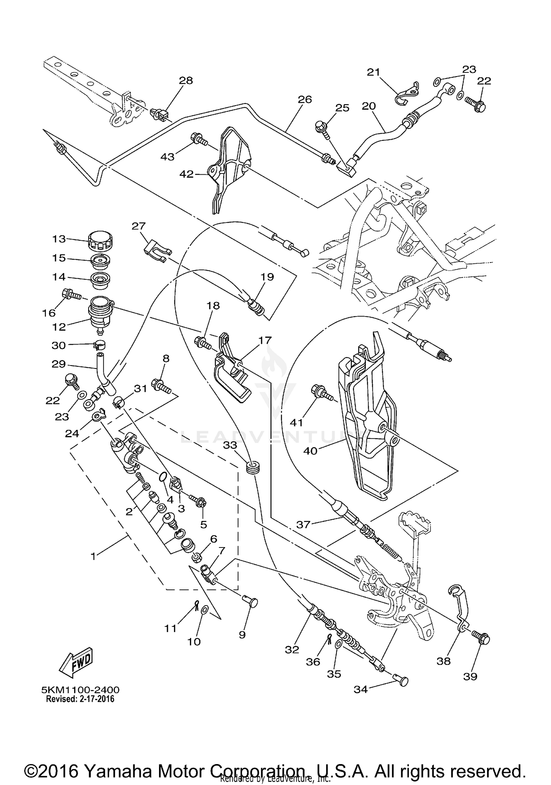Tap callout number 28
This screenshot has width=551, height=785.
coord(186,81)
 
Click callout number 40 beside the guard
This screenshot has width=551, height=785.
coord(310,450)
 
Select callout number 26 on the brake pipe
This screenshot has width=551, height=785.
coord(305,99)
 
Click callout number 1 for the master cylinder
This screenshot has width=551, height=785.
coord(93,556)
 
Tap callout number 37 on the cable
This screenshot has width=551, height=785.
coord(303,524)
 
